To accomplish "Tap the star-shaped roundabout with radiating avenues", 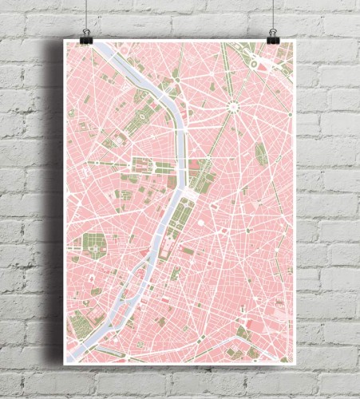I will (x=234, y=105).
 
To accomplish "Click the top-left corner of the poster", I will (x=65, y=41).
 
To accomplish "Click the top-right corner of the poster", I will (x=295, y=41).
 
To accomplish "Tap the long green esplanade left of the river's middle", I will (x=144, y=168).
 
